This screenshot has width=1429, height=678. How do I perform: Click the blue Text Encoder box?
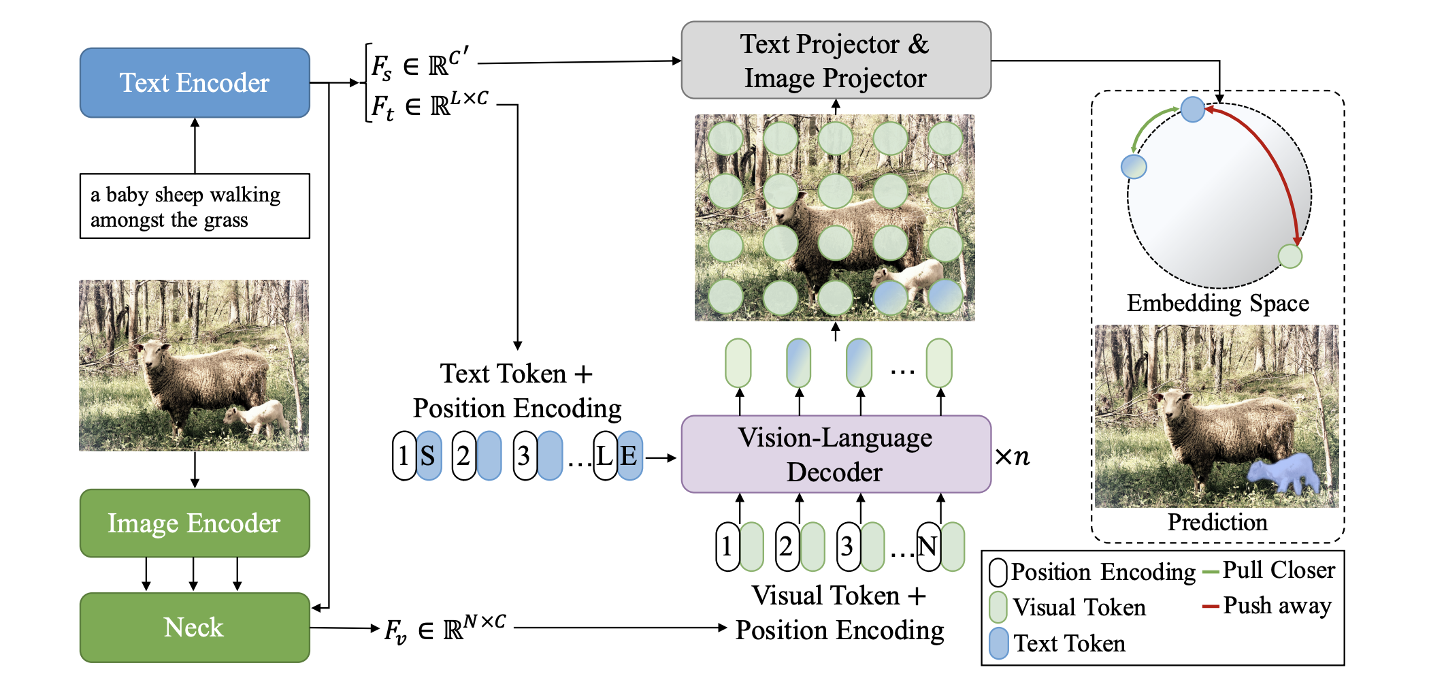point(195,82)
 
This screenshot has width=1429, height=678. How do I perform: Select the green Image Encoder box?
point(195,523)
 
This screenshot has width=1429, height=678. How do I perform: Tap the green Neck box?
point(195,627)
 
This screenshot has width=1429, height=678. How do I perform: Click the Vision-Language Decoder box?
point(836,454)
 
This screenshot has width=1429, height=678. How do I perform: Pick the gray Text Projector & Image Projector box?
point(836,61)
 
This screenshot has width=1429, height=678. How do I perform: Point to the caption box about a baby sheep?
point(195,206)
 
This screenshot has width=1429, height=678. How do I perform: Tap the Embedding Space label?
point(1217,303)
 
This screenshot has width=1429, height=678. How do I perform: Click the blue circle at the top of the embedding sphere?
point(1192,109)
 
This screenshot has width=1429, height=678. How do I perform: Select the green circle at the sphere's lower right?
point(1290,257)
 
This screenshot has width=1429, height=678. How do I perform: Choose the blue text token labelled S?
point(429,455)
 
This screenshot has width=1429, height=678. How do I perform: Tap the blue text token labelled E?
point(630,455)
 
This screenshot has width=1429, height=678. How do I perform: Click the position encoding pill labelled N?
point(927,547)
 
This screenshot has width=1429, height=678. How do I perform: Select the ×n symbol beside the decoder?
point(1012,456)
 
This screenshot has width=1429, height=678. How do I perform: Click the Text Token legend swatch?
point(998,643)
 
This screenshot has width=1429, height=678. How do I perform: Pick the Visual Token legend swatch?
point(998,607)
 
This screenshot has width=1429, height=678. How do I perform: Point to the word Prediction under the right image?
point(1217,522)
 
